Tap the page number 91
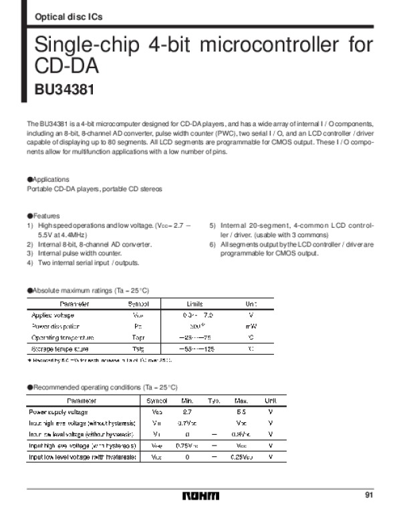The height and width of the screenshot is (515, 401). tap(369, 494)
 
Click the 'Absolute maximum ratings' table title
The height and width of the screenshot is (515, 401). tap(88, 291)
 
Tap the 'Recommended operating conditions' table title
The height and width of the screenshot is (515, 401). tap(102, 387)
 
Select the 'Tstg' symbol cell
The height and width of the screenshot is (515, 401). tap(138, 349)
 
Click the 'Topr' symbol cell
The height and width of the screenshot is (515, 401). tap(138, 337)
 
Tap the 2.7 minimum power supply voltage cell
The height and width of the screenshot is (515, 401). tap(187, 412)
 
